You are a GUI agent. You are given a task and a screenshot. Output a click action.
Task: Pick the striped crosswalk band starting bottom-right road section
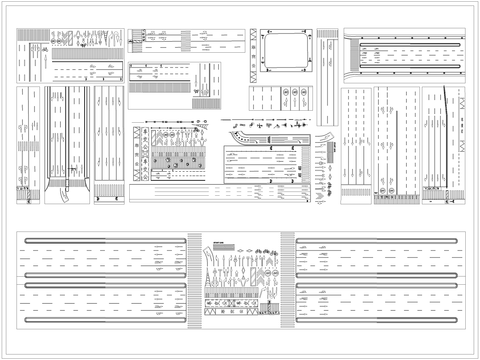click(288, 279)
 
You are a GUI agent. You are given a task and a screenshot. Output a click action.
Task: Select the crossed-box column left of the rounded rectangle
click(254, 51)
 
